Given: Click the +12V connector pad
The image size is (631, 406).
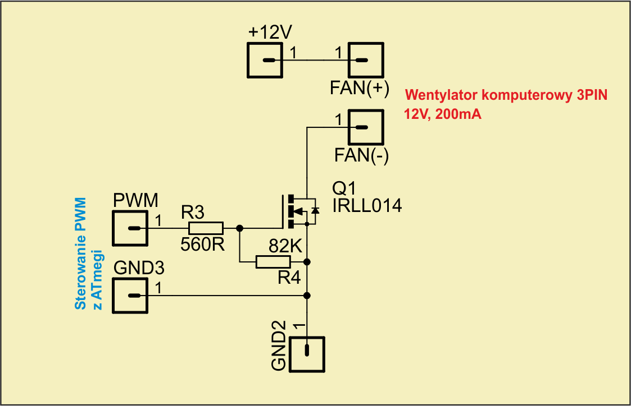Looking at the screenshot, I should click(265, 61).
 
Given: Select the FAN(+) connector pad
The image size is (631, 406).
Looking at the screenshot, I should click(366, 61).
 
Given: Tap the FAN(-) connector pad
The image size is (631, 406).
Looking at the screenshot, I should click(366, 127).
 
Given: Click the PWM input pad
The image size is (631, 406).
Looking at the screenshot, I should click(130, 228).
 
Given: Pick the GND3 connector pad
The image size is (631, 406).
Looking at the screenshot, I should click(130, 296).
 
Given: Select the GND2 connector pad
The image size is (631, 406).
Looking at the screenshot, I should click(307, 354).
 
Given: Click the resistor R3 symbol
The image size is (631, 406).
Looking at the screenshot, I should click(206, 228).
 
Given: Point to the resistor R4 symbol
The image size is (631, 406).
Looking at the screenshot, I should click(273, 261).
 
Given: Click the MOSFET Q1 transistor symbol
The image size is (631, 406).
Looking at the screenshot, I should click(298, 211).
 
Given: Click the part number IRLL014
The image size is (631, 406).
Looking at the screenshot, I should click(367, 206).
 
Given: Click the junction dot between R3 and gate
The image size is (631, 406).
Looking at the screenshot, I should click(240, 228).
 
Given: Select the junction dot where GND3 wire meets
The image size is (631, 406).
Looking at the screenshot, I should click(307, 296).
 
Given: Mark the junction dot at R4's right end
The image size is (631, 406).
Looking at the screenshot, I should click(307, 262).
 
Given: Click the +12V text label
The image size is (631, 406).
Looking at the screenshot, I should click(270, 33).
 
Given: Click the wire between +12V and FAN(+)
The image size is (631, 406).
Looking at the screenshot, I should click(315, 61).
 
